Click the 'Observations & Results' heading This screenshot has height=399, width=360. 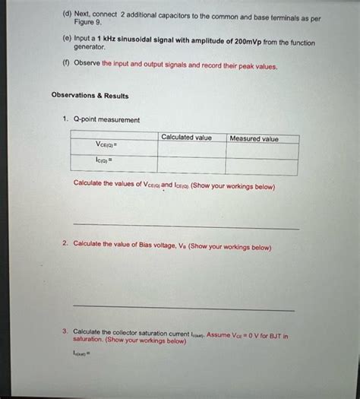pyautogui.click(x=90, y=96)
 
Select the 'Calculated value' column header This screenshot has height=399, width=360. pyautogui.click(x=186, y=137)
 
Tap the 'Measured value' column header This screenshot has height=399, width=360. pyautogui.click(x=254, y=138)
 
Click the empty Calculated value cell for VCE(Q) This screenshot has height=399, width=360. pyautogui.click(x=191, y=148)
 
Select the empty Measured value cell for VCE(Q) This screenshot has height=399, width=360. pyautogui.click(x=262, y=150)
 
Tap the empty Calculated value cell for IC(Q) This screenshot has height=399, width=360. pyautogui.click(x=191, y=165)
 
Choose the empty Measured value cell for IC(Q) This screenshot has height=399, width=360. pyautogui.click(x=262, y=166)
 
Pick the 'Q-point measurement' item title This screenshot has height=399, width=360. pyautogui.click(x=107, y=119)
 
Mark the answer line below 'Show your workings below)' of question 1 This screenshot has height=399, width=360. pyautogui.click(x=186, y=227)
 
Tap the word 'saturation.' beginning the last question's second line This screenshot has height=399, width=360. pyautogui.click(x=89, y=340)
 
